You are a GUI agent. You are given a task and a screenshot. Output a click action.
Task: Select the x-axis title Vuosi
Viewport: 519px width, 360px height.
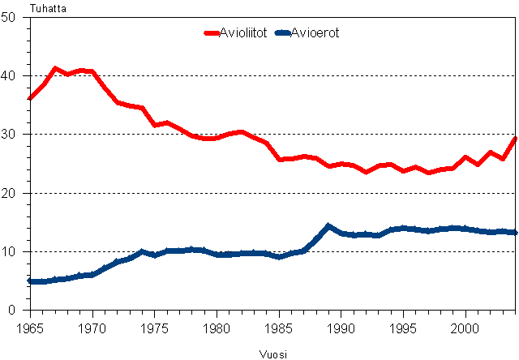pos(273,354)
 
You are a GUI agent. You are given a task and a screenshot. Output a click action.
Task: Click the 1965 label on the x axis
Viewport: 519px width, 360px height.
pos(30,328)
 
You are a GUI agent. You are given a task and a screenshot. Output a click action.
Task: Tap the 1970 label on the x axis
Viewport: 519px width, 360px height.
pos(92,328)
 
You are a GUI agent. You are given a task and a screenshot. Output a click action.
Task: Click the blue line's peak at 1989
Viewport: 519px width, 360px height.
pos(328,226)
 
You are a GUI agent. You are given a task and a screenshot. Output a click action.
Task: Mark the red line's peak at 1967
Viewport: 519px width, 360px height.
pos(55,69)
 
